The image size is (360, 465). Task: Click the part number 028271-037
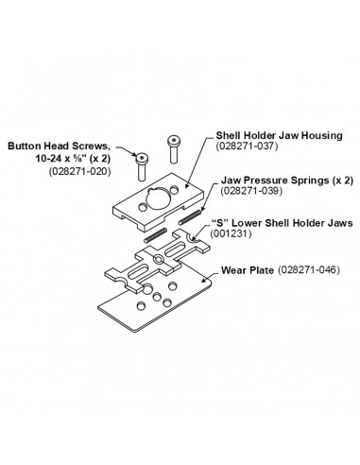pos(247,146)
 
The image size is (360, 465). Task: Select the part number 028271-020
pos(80,172)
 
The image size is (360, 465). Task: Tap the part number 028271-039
pos(251,191)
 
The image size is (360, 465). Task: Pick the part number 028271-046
pos(308,270)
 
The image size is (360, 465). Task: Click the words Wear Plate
pos(248,270)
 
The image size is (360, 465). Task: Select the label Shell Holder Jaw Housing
pos(279,135)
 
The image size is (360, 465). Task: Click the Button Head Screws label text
pos(60,146)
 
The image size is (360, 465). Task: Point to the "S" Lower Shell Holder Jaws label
pos(282,223)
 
